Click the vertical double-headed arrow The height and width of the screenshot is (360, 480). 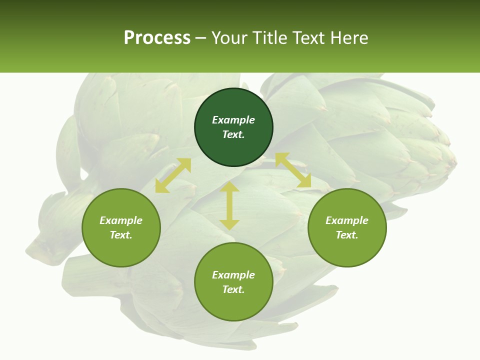(x=229, y=205)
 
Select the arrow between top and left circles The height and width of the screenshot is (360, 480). (x=173, y=175)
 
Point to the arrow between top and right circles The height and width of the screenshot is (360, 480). (x=293, y=170)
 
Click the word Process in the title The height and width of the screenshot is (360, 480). (x=157, y=38)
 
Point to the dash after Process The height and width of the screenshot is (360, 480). (x=201, y=38)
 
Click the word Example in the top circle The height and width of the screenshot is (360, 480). (x=233, y=120)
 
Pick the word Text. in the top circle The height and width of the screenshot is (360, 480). (x=233, y=134)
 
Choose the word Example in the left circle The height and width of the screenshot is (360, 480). (x=121, y=220)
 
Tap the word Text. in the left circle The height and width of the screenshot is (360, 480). (x=121, y=235)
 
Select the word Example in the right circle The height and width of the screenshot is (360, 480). (x=347, y=220)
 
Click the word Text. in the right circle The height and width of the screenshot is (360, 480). (x=347, y=235)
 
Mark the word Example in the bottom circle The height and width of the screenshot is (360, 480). (x=233, y=275)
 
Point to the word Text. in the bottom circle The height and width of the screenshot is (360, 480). (x=233, y=289)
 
